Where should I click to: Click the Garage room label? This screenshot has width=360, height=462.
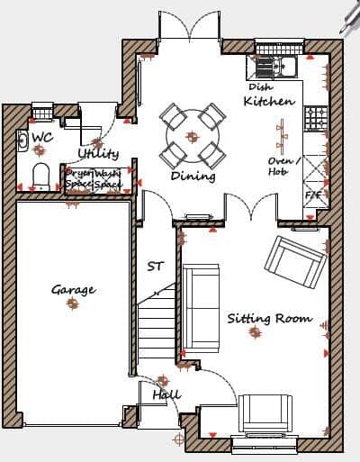(x=73, y=290)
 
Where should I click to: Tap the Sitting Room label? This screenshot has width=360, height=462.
(x=269, y=319)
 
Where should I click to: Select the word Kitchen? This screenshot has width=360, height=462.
(x=268, y=102)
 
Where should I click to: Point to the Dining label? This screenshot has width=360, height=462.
(x=193, y=177)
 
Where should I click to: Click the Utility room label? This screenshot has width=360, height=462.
(x=98, y=153)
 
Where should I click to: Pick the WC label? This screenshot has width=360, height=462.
(x=42, y=138)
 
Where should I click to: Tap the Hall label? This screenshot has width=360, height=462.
(x=166, y=394)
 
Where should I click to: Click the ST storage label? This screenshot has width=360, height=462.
(x=156, y=267)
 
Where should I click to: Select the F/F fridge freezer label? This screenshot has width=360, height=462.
(x=313, y=195)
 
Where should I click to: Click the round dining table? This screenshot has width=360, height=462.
(x=192, y=136)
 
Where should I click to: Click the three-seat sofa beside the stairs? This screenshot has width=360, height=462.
(x=201, y=306)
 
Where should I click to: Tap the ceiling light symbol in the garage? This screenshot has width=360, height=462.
(x=72, y=304)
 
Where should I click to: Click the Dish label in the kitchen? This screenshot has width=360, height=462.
(x=261, y=87)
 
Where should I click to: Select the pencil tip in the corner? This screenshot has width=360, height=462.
(x=344, y=25)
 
